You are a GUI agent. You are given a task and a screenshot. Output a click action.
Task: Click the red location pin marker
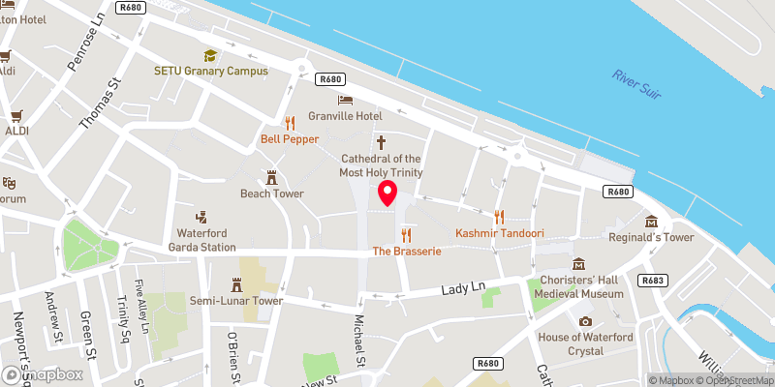coord(387,193)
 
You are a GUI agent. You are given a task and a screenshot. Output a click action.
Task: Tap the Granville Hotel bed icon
coord(345,101)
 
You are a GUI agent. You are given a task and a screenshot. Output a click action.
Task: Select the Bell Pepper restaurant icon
coord(290,123)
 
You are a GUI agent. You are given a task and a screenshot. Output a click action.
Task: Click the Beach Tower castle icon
coord(272,178)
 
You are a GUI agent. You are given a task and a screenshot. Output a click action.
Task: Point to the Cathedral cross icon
coord(381,141)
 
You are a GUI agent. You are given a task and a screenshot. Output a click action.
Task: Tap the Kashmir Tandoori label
coord(499,234)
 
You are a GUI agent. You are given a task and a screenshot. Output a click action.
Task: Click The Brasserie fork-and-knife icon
coord(407,235)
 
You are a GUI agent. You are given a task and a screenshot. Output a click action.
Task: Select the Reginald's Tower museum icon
coord(651,222)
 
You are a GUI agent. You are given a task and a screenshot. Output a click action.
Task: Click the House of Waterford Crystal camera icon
coord(585,321)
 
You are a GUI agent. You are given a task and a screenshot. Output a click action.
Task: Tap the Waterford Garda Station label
coord(206,240)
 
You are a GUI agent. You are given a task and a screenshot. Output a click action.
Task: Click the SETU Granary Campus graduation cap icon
coord(209,55)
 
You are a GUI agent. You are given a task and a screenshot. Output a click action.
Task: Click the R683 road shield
coord(653,280)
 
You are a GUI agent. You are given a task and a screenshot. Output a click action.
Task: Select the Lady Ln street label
coord(462,288)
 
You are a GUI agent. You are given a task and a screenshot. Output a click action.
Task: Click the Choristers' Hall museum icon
coord(579,264)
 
